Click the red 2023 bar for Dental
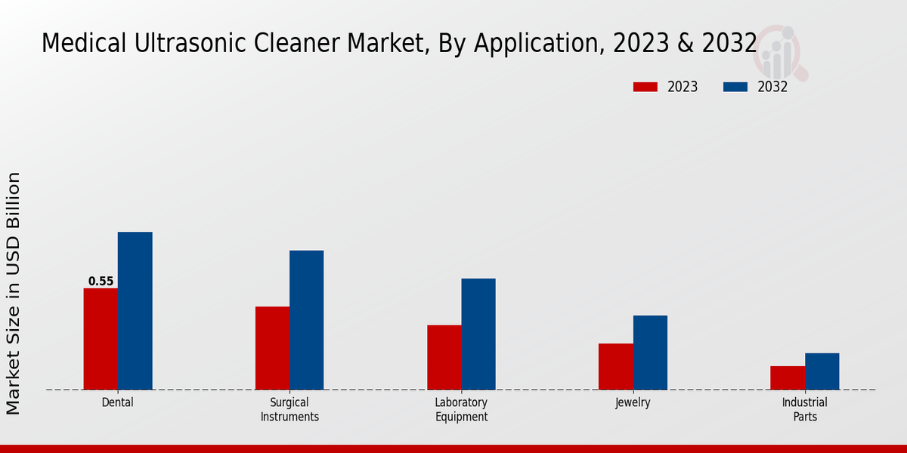101,339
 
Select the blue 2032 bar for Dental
135,311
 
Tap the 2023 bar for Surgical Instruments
272,348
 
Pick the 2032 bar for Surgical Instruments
306,320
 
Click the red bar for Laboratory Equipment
444,357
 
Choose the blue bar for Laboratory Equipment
478,334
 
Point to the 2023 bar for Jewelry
616,367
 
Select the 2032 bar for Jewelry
650,353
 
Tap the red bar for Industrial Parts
788,378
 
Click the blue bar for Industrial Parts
822,371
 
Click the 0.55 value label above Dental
101,282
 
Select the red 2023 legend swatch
645,87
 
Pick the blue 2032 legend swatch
735,87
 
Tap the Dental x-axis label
117,402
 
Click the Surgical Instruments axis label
289,409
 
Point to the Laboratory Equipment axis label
461,409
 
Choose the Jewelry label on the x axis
633,402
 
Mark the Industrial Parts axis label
804,409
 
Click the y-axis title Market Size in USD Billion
14,293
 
